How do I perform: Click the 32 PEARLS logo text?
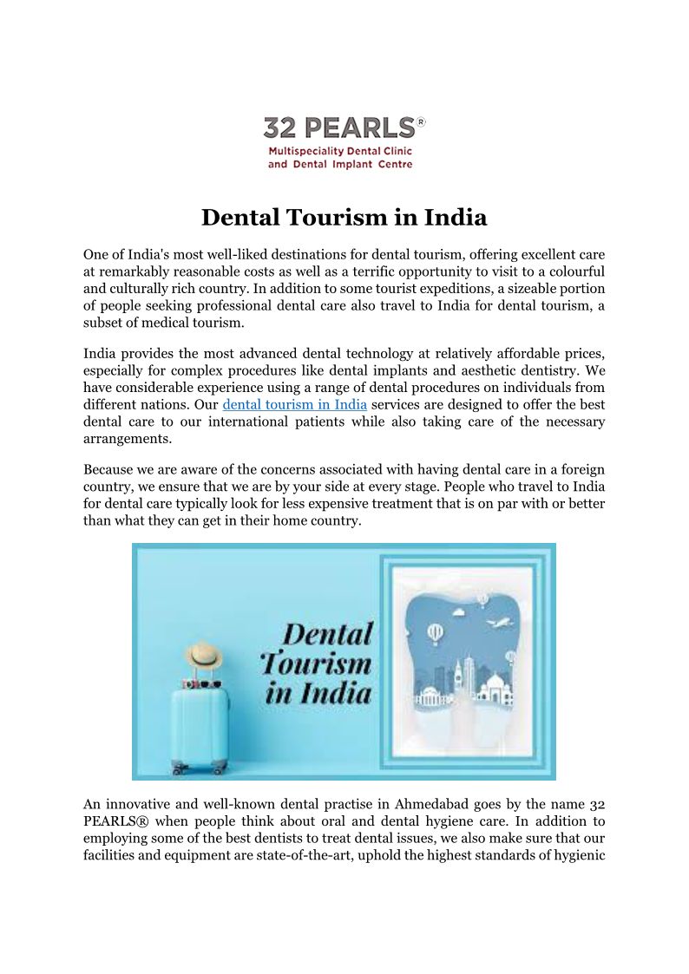tap(339, 128)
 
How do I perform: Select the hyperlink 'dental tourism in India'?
tap(295, 405)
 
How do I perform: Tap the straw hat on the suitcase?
tap(205, 654)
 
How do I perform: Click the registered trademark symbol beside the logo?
tap(421, 122)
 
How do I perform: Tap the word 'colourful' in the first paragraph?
tap(576, 271)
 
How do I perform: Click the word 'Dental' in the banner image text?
tap(328, 634)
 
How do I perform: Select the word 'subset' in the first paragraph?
tap(104, 324)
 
